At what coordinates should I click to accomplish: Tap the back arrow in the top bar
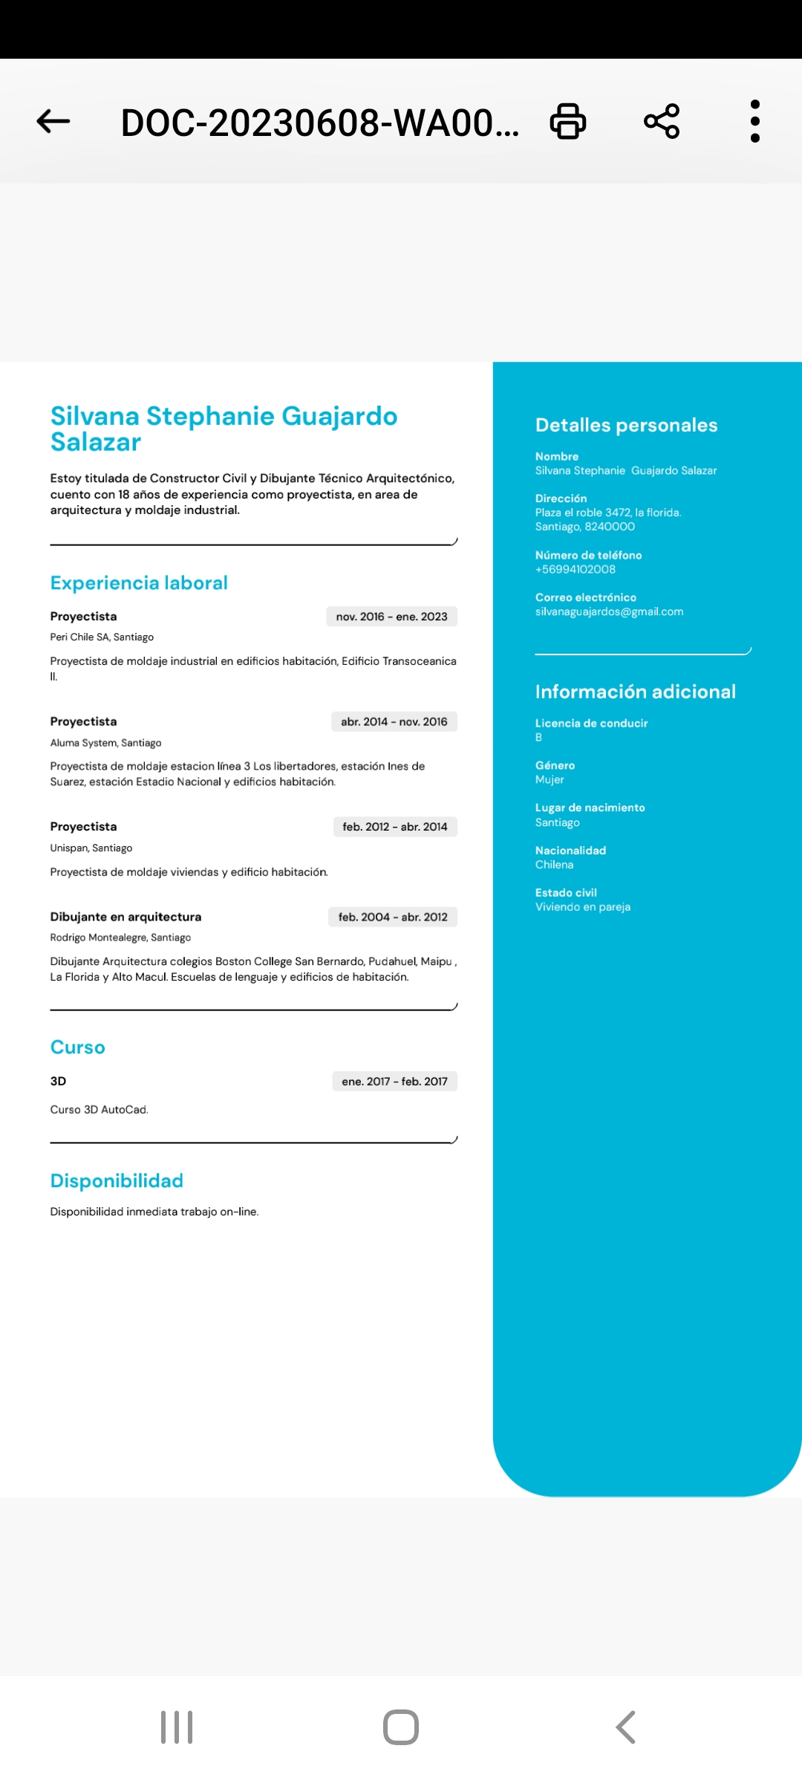[53, 121]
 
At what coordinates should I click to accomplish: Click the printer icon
[568, 121]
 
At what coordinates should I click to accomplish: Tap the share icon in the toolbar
[662, 121]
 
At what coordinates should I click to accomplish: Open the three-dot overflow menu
[755, 121]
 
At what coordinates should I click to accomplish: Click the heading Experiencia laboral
[139, 583]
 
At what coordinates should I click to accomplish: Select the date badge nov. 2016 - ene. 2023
[391, 617]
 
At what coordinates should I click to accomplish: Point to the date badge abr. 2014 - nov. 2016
[394, 721]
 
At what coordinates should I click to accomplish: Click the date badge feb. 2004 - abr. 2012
[393, 917]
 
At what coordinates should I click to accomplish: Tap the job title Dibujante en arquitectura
[125, 917]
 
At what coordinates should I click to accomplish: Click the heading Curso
[77, 1048]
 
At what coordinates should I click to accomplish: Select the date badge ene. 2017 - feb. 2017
[394, 1082]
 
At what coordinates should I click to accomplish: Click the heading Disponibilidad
[117, 1181]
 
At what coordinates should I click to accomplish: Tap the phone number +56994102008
[576, 570]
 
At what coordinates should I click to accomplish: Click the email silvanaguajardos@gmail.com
[609, 612]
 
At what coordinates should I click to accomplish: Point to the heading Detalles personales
[626, 425]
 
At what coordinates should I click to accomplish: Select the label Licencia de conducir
[591, 724]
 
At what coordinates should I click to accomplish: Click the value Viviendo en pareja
[583, 907]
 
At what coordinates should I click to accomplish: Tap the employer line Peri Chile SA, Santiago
[102, 637]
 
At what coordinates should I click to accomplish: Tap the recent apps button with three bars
[177, 1727]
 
